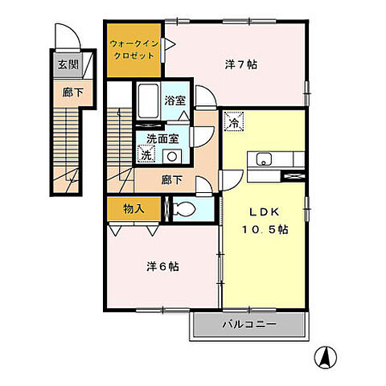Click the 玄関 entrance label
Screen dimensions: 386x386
(x=68, y=64)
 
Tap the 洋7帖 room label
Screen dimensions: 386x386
(x=241, y=64)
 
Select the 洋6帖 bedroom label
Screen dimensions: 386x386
(x=162, y=267)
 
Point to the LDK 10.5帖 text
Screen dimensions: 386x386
(x=265, y=221)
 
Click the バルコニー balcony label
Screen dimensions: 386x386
(x=249, y=325)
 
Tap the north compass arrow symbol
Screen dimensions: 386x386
(x=326, y=358)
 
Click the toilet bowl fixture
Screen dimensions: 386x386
(x=184, y=209)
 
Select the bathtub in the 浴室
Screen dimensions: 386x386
(x=148, y=101)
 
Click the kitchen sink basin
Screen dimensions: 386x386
(x=264, y=159)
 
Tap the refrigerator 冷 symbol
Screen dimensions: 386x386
(x=234, y=121)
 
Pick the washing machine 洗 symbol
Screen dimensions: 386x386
(x=146, y=154)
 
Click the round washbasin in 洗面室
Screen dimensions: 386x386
(x=172, y=156)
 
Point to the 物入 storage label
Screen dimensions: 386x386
(x=133, y=209)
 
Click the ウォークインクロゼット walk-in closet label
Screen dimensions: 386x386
(x=134, y=50)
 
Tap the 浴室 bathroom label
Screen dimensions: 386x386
(x=175, y=101)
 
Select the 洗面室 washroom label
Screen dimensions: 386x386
(x=162, y=139)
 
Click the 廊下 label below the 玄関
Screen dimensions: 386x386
(x=72, y=92)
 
